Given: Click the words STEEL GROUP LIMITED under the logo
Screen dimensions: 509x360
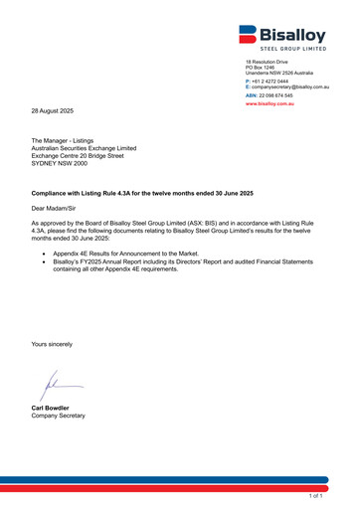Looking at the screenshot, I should (294, 48).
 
